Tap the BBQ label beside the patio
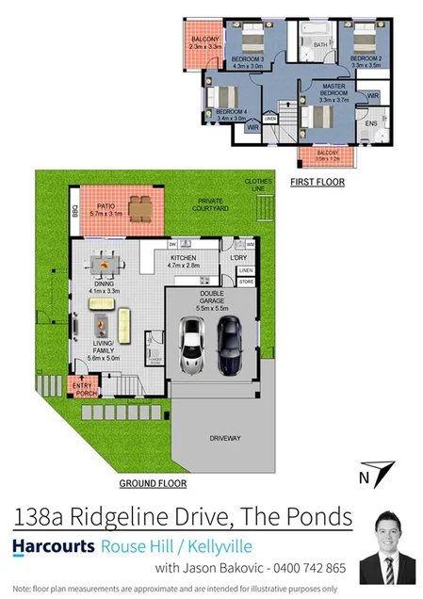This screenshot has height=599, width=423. pyautogui.click(x=74, y=213)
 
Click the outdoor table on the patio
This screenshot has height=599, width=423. pyautogui.click(x=140, y=206)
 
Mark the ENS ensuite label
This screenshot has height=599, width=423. pyautogui.click(x=370, y=122)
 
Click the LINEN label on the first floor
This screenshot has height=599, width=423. pyautogui.click(x=270, y=119)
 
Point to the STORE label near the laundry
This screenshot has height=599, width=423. pyautogui.click(x=247, y=281)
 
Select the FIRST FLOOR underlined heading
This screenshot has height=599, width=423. pyautogui.click(x=317, y=181)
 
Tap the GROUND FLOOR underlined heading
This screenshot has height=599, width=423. pyautogui.click(x=153, y=483)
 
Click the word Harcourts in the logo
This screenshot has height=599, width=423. pyautogui.click(x=53, y=545)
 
